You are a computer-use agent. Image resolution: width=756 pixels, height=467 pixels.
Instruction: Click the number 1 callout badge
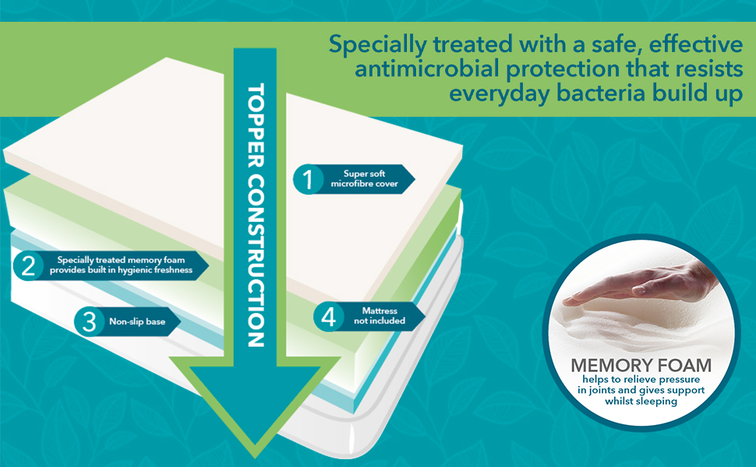pyautogui.click(x=308, y=180)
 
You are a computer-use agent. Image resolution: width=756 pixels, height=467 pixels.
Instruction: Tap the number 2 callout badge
pyautogui.click(x=29, y=266)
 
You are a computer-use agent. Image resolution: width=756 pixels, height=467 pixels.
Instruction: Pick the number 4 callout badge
pyautogui.click(x=328, y=316)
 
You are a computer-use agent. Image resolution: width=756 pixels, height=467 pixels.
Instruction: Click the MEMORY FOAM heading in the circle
pyautogui.click(x=641, y=365)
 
